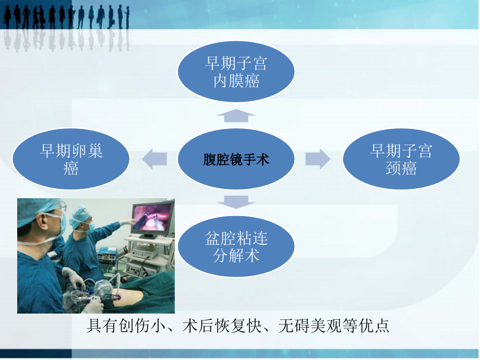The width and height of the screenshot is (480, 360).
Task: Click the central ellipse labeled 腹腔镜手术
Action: coord(236,159)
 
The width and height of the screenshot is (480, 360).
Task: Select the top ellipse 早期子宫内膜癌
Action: coord(236,72)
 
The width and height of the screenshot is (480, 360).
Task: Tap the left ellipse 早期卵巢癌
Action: coord(71,159)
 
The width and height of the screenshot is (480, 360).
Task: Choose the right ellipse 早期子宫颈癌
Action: coord(401,159)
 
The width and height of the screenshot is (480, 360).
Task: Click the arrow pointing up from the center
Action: coord(236,116)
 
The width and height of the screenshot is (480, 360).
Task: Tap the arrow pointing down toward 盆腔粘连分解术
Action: coord(236,201)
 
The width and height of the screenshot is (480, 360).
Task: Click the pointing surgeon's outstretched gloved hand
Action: coord(125,222)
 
